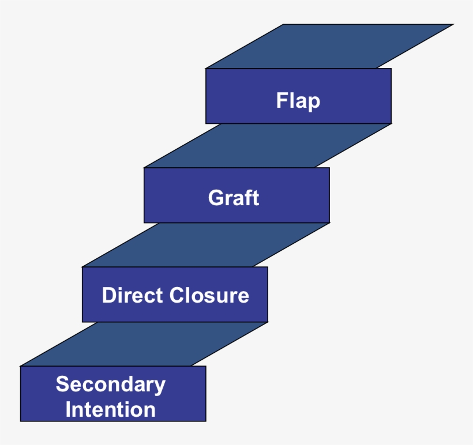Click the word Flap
[298, 101]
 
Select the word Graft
[234, 198]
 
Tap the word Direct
[133, 295]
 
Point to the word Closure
[210, 295]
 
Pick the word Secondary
[111, 384]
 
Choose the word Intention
[111, 410]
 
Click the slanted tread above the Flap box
[329, 46]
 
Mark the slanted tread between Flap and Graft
[268, 145]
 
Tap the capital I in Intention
[69, 410]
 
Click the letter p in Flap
[314, 103]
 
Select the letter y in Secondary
[160, 387]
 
